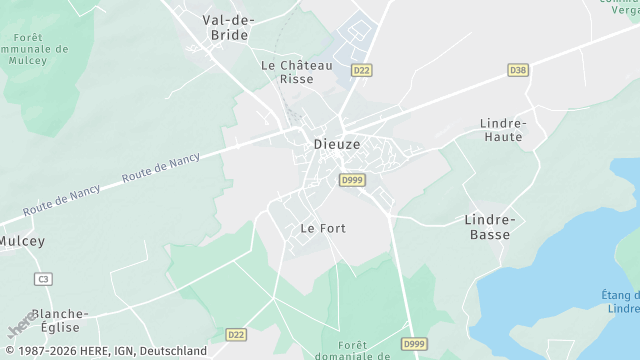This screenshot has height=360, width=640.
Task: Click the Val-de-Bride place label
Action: pyautogui.click(x=229, y=27)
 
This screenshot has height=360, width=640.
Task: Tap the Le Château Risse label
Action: pyautogui.click(x=296, y=72)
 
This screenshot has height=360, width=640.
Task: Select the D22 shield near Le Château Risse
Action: pyautogui.click(x=361, y=69)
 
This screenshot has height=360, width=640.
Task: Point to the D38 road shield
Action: pyautogui.click(x=517, y=70)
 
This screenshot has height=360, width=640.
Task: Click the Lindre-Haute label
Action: pyautogui.click(x=502, y=130)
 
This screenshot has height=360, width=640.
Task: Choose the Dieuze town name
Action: pyautogui.click(x=336, y=144)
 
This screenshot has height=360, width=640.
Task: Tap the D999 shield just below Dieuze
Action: pyautogui.click(x=351, y=180)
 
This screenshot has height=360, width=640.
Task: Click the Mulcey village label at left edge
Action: pyautogui.click(x=21, y=241)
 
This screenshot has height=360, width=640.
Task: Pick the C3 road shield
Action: pyautogui.click(x=42, y=279)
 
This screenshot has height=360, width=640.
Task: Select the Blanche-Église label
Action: pyautogui.click(x=59, y=320)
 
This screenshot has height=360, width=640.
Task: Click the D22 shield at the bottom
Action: pyautogui.click(x=236, y=335)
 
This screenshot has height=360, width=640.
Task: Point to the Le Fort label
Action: pyautogui.click(x=323, y=228)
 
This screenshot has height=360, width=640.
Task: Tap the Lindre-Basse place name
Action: pyautogui.click(x=489, y=227)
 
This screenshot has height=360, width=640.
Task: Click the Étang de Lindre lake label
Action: pyautogui.click(x=621, y=301)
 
